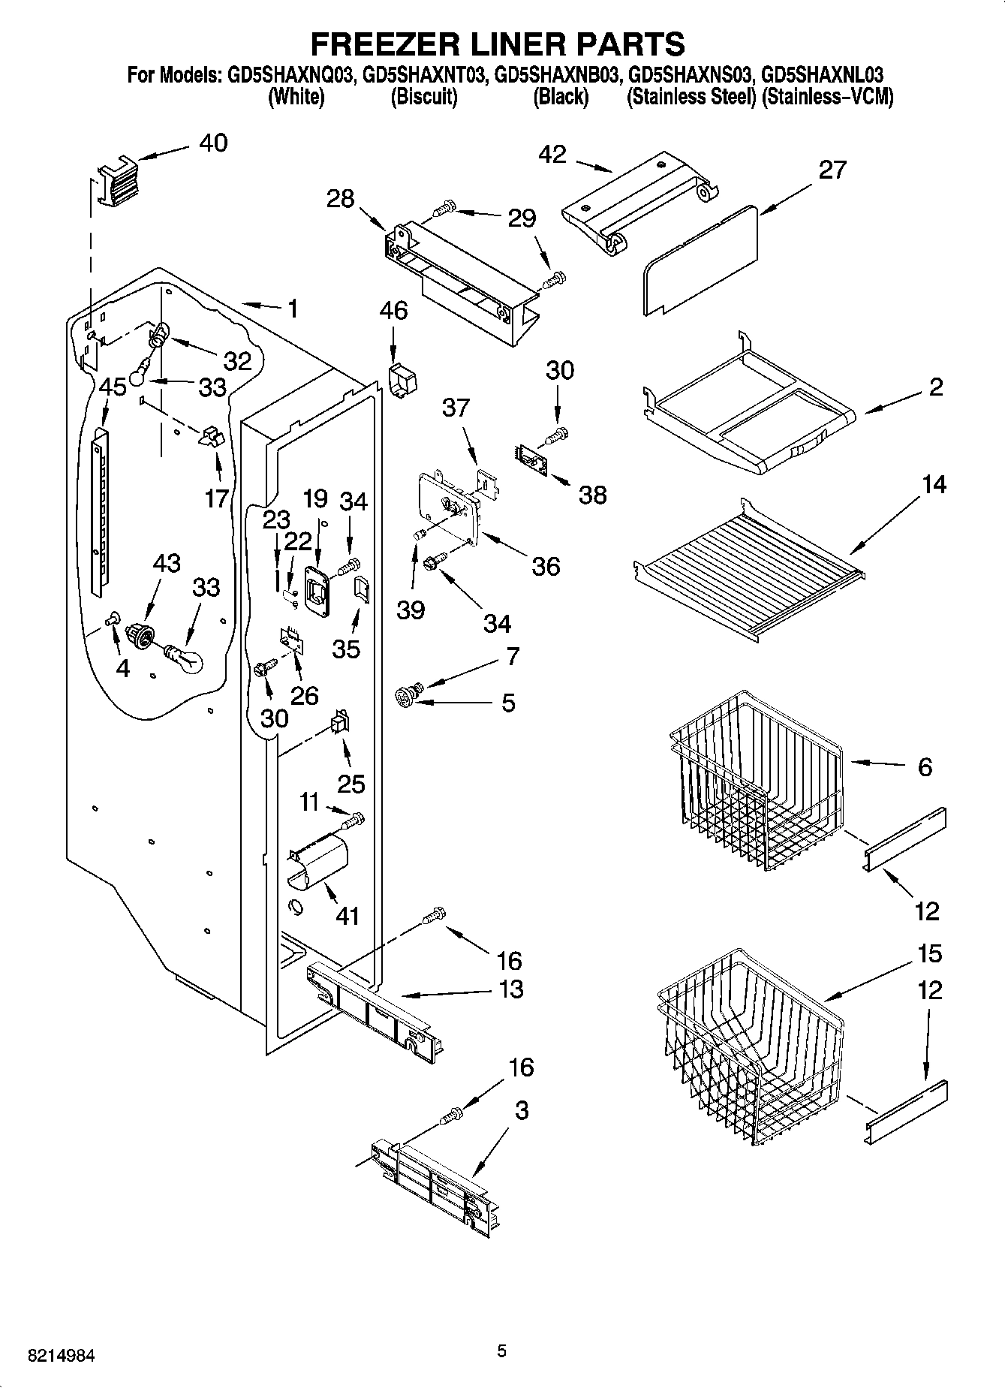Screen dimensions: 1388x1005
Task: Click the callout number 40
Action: (x=213, y=143)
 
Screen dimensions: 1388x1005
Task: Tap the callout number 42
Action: (x=552, y=155)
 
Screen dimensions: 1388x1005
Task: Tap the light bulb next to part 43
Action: (x=185, y=655)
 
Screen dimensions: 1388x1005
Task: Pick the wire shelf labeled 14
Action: (x=747, y=571)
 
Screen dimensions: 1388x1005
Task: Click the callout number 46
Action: (x=393, y=311)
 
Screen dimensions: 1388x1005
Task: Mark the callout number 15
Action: (x=928, y=954)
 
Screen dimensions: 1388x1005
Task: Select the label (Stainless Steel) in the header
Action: (x=690, y=97)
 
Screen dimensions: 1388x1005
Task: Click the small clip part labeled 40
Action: (x=114, y=180)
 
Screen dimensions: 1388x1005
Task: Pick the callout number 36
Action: (x=546, y=566)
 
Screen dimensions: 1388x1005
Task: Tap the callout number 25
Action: (x=351, y=784)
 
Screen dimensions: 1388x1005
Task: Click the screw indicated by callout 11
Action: (x=353, y=822)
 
